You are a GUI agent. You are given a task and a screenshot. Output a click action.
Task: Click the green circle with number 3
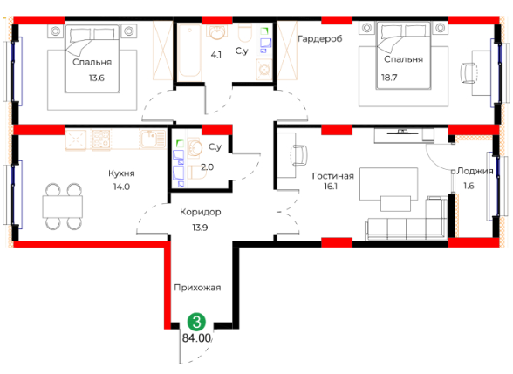click(196, 322)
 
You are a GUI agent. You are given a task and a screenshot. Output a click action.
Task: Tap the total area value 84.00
click(196, 337)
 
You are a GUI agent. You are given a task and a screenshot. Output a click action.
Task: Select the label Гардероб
click(320, 39)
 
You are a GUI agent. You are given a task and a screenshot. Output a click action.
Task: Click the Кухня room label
click(121, 173)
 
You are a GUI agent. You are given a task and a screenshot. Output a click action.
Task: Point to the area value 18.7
click(389, 78)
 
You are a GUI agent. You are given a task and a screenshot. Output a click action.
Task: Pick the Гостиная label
click(333, 176)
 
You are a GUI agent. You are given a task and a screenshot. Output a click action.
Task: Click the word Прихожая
click(197, 288)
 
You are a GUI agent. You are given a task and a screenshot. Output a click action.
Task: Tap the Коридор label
click(201, 213)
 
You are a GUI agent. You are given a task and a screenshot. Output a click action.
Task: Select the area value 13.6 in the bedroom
click(97, 78)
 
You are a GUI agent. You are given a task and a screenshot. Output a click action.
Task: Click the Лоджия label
click(475, 171)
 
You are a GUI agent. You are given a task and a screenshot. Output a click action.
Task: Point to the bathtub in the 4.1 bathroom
click(189, 51)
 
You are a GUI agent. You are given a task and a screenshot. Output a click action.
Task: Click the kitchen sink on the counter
click(153, 139)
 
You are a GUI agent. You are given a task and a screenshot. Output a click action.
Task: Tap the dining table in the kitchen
click(62, 207)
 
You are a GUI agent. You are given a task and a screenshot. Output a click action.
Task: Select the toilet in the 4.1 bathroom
click(244, 33)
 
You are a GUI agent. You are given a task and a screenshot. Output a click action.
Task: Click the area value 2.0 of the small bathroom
click(207, 167)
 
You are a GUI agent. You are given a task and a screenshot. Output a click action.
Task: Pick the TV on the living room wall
click(402, 133)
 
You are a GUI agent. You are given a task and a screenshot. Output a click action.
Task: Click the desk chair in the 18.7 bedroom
click(469, 73)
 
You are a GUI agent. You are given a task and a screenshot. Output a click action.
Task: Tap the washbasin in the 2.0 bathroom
click(195, 148)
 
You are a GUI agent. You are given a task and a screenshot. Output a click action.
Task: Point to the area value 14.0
click(121, 187)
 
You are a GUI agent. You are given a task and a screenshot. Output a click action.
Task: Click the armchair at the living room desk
click(299, 155)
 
